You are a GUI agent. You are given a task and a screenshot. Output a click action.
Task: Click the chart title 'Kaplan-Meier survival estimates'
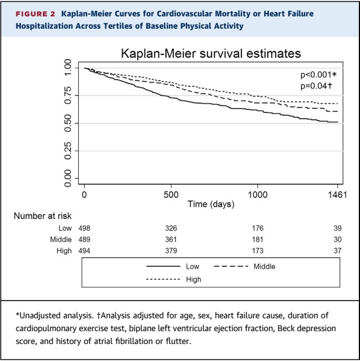coord(210,54)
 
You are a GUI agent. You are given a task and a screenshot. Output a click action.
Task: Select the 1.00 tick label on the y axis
coord(68,68)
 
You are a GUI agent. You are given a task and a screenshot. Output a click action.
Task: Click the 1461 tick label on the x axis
coord(338,195)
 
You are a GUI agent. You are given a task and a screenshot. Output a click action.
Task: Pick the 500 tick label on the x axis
coord(171,195)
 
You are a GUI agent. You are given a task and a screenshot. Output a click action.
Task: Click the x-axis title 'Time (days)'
coord(210,204)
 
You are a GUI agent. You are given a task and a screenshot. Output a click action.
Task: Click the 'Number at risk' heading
coord(40,216)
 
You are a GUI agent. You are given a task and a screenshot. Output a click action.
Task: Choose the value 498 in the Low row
coord(85,228)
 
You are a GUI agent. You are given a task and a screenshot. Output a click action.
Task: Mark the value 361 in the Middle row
coord(171,239)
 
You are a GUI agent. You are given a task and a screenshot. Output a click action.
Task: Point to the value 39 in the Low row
coord(338,228)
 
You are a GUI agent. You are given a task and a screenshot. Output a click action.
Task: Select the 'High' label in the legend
coord(193,280)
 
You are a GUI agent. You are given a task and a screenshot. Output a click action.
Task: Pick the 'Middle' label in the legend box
coord(264,266)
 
